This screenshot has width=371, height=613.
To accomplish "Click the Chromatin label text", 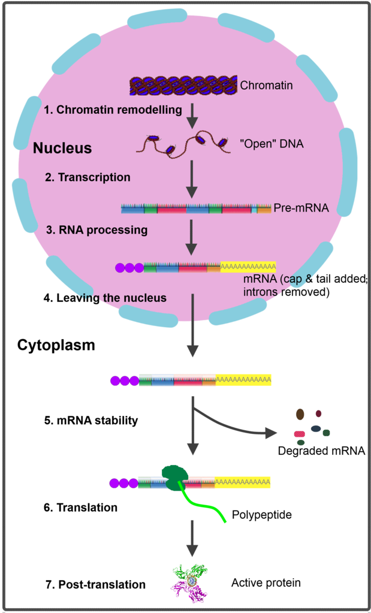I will (x=266, y=85).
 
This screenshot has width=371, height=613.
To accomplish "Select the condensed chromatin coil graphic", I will (x=183, y=86).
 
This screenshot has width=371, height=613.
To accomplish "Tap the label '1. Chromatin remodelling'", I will (x=113, y=110).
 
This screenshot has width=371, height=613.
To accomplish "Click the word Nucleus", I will (x=62, y=148).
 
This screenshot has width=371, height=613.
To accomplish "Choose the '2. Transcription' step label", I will (x=88, y=177).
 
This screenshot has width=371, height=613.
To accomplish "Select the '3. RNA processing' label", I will (x=96, y=230).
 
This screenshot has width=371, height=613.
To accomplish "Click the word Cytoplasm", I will (x=56, y=346).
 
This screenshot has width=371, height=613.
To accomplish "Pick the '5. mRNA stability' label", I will (x=91, y=420).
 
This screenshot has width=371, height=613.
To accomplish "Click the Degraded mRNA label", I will (x=321, y=451).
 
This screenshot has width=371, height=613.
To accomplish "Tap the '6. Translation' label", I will (x=80, y=508).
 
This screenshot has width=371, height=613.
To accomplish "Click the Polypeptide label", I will (x=262, y=515).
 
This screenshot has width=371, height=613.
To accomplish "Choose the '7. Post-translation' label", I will (x=96, y=584).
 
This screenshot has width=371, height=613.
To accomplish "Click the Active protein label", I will (x=266, y=582).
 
